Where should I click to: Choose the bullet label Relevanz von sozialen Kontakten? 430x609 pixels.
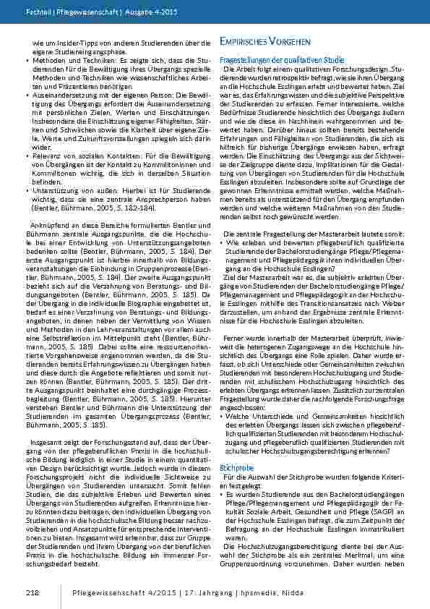pos(77,156)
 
